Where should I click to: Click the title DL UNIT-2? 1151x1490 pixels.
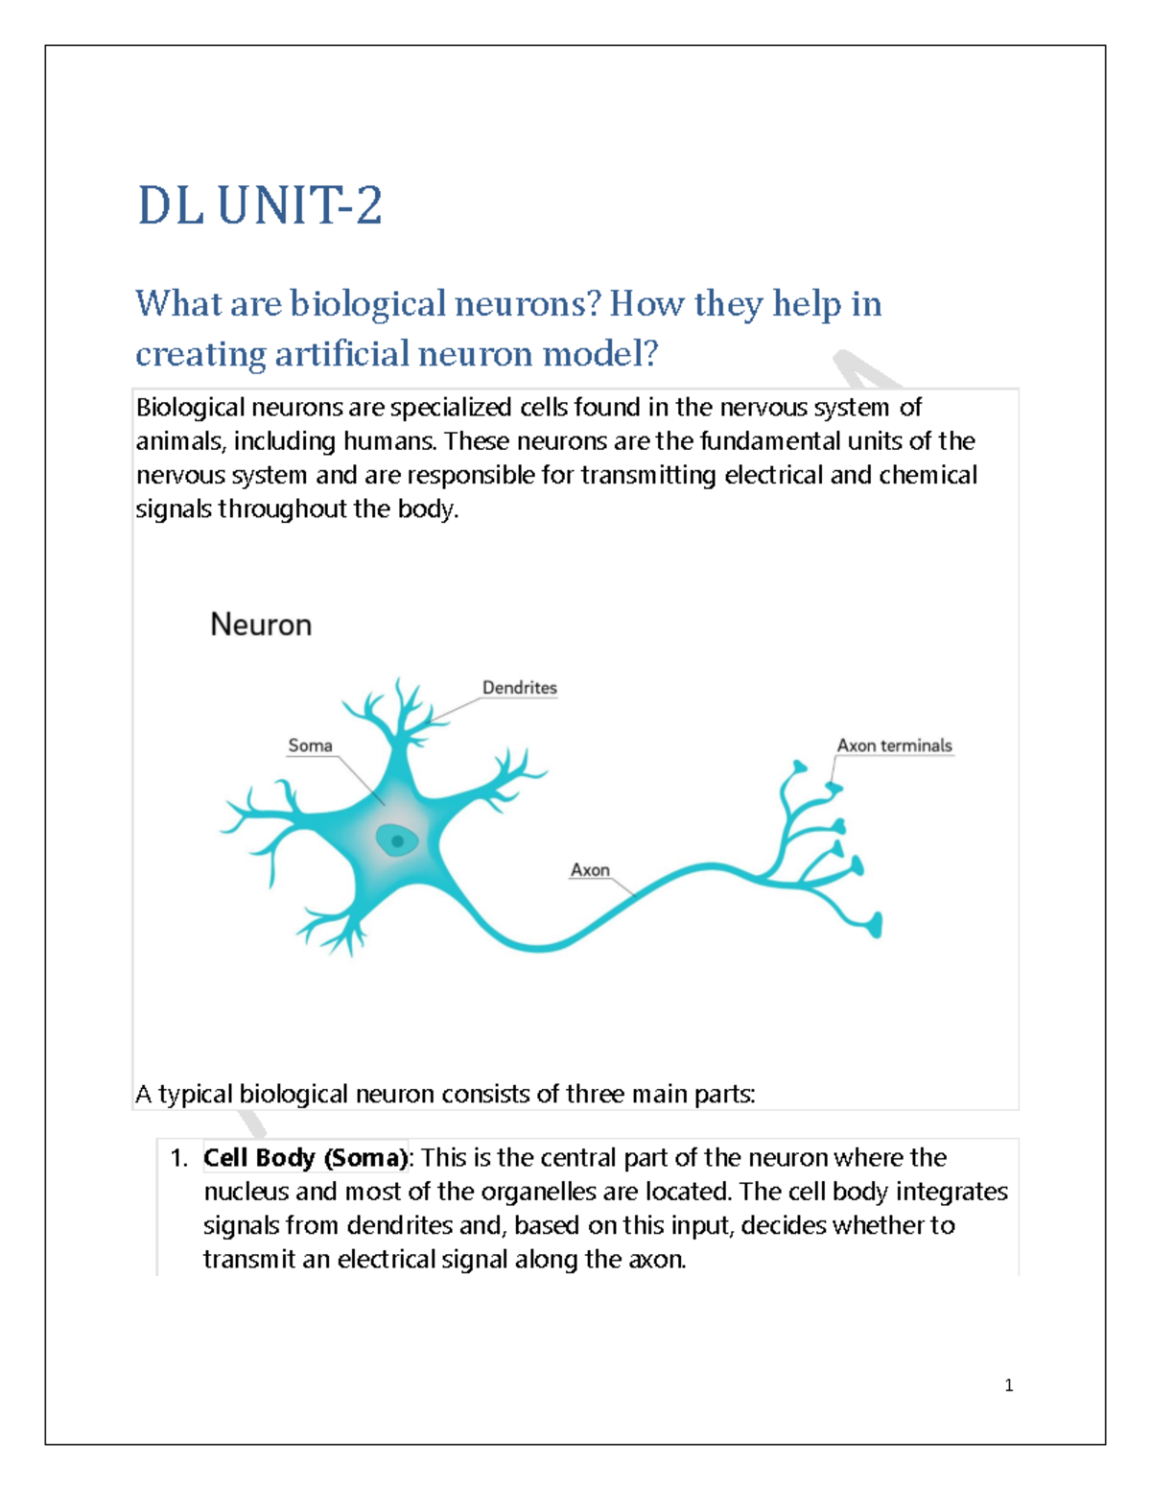tap(260, 206)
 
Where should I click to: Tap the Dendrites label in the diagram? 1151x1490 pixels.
tap(519, 688)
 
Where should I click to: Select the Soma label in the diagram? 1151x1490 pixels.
tap(310, 745)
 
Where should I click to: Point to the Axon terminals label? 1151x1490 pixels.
tap(894, 745)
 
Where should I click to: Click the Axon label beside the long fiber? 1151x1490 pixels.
tap(590, 870)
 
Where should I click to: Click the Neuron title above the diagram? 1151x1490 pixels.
tap(261, 625)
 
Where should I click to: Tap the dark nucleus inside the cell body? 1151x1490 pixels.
tap(397, 841)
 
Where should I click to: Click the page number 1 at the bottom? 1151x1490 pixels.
tap(1008, 1384)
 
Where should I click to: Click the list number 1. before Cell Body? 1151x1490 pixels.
tap(178, 1158)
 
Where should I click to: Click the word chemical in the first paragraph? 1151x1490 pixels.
tap(928, 475)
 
